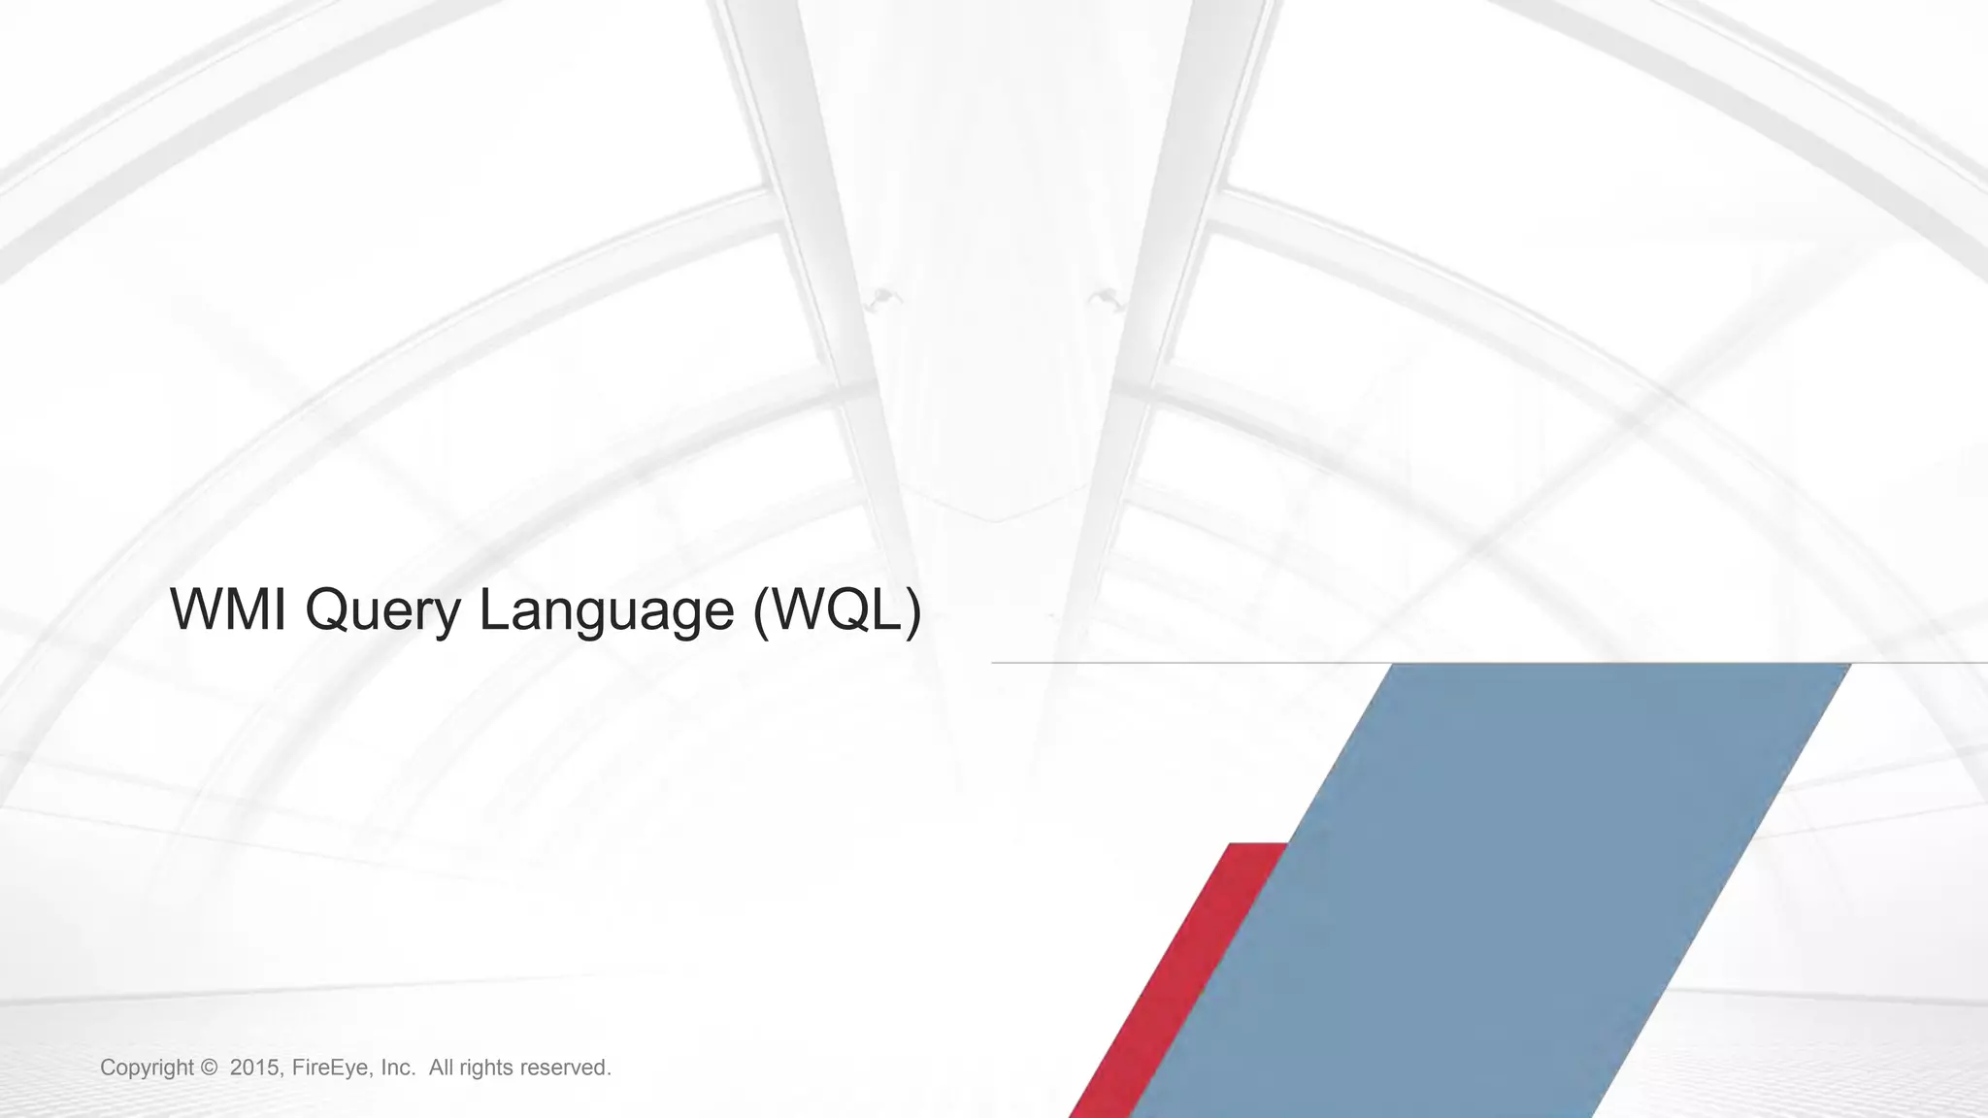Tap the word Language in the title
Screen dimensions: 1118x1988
607,611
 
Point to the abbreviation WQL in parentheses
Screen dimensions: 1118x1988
837,609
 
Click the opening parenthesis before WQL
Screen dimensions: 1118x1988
761,611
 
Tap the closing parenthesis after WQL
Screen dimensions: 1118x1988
912,611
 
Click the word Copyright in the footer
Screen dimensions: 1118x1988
147,1069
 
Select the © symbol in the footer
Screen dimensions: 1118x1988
209,1068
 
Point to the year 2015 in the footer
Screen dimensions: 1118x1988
255,1068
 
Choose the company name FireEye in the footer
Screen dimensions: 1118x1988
331,1068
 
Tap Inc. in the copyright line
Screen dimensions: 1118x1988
398,1068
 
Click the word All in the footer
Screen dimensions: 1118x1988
441,1068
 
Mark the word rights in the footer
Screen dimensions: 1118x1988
486,1069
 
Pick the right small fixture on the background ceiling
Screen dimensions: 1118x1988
1103,297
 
